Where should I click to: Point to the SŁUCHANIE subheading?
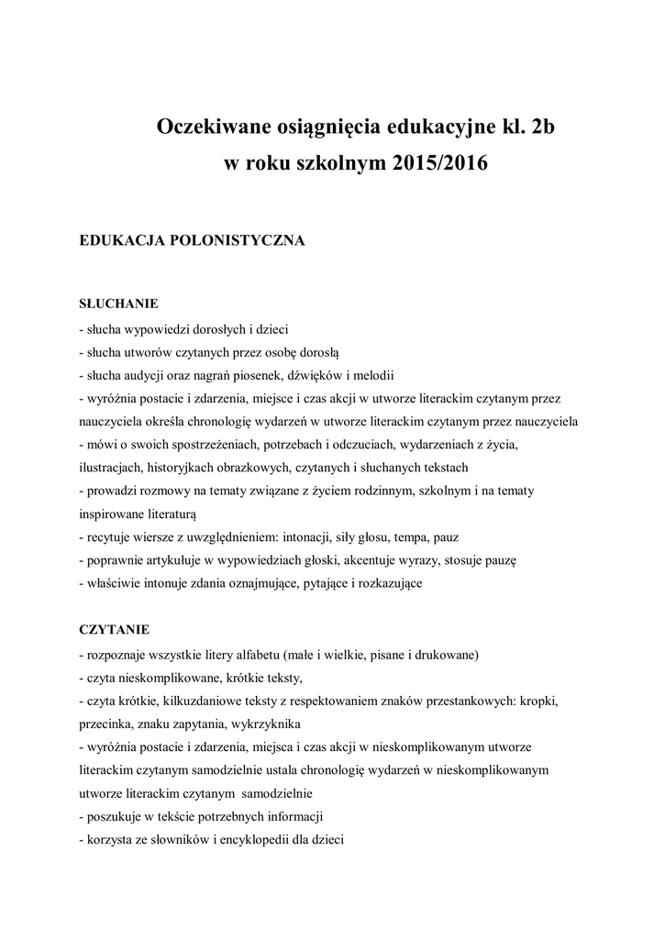point(119,303)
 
